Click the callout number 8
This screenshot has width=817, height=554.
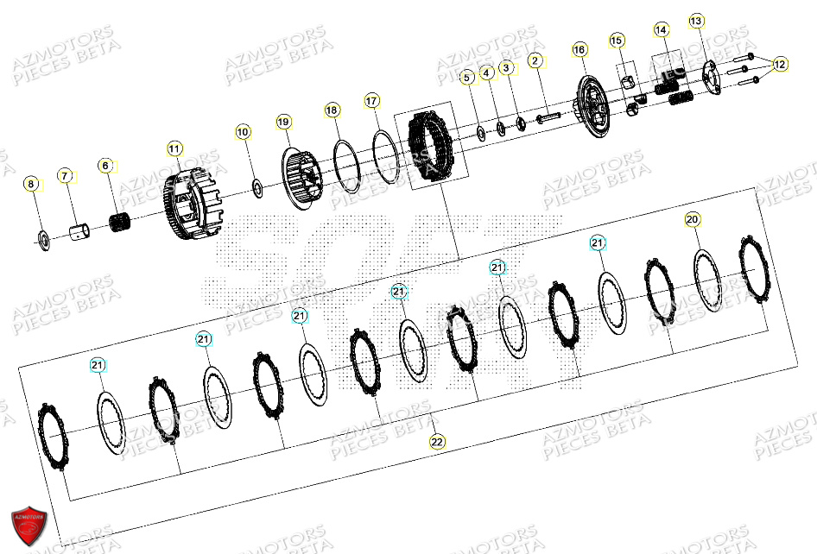[x=31, y=184]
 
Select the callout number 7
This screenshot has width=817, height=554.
[x=65, y=176]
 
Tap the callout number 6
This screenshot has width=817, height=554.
[x=105, y=165]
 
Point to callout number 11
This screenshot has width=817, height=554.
[x=174, y=148]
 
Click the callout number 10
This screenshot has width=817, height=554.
[x=243, y=132]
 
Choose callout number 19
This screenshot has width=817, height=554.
[x=284, y=122]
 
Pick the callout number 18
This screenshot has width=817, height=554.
[x=332, y=110]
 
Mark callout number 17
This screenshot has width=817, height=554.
[x=372, y=100]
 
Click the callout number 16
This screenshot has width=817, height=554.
[x=579, y=50]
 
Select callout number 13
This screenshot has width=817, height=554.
[x=696, y=21]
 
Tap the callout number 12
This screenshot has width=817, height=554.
[x=780, y=64]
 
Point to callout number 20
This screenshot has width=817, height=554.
[x=692, y=219]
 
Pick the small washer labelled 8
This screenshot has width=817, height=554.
[x=41, y=237]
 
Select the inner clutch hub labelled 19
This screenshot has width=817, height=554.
[x=301, y=178]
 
